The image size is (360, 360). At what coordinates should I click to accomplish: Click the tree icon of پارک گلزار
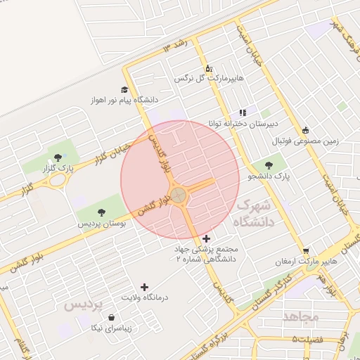58,157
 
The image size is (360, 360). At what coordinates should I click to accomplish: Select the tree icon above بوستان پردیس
102,211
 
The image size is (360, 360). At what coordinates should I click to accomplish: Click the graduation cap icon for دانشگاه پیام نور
124,89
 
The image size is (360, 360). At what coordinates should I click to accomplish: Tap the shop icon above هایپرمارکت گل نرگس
208,68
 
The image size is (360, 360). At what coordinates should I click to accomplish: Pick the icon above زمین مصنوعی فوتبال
305,130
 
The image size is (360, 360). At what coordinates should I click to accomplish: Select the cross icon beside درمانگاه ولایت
145,287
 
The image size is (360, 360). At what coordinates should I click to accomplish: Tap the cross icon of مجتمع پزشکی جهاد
206,239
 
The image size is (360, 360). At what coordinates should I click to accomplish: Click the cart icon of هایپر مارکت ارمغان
306,251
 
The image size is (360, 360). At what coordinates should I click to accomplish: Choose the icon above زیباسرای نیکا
112,318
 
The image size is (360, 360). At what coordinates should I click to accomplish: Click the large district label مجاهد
300,317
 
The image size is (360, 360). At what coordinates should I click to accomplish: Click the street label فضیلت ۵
309,340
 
